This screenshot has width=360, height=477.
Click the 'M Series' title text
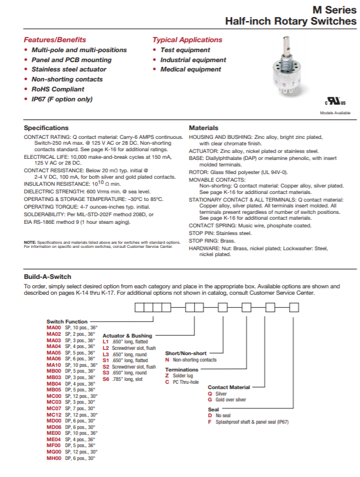coord(335,9)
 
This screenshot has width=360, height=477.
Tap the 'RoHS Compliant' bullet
coord(57,89)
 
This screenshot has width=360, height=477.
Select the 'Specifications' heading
coord(46,128)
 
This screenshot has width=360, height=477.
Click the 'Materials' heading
coord(203,128)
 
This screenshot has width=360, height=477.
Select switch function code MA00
coord(54,327)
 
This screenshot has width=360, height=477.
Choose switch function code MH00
coord(54,458)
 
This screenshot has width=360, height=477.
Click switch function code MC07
coord(54,408)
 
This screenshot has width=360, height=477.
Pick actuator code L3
coord(106,354)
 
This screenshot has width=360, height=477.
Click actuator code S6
coord(106,380)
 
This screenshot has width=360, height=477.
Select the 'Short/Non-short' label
coord(186,353)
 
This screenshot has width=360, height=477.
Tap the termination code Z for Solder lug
coord(167,376)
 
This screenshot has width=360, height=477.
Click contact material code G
coord(210,400)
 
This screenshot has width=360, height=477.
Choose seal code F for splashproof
coord(210,422)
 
